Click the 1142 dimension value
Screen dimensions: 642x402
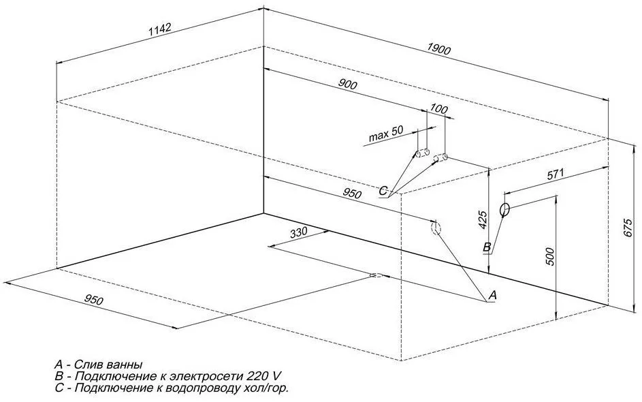coord(159,29)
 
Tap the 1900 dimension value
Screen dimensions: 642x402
coord(438,49)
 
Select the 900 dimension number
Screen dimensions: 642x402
coord(348,84)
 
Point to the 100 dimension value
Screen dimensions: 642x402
coord(439,108)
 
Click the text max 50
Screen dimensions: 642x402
coord(386,134)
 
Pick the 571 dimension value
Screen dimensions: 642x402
coord(556,174)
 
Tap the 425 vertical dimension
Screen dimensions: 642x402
coord(483,220)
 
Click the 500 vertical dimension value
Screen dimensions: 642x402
coord(550,256)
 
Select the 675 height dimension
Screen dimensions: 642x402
coord(629,228)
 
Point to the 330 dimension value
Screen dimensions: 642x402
coord(298,233)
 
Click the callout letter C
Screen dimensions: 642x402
coord(383,191)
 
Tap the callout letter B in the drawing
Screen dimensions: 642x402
coord(487,247)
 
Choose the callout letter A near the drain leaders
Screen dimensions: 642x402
coord(493,294)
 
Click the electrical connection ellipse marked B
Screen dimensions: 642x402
coord(504,209)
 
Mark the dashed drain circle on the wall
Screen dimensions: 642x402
coord(436,228)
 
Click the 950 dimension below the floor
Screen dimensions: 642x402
coord(94,300)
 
